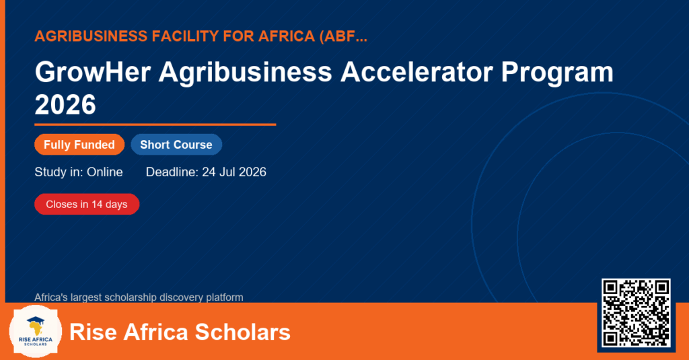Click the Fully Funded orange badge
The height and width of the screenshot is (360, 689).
tap(79, 145)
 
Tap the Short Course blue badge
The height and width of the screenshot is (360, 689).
tap(176, 145)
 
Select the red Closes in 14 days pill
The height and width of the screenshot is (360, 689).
tap(87, 205)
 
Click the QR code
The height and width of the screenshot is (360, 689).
tap(636, 313)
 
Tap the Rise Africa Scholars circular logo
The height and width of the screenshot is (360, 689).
tap(36, 331)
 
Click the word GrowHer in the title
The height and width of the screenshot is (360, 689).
tap(93, 72)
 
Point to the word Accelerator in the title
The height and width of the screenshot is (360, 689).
tap(416, 72)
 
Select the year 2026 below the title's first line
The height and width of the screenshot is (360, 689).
tap(65, 104)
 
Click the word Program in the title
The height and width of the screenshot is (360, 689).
tap(557, 73)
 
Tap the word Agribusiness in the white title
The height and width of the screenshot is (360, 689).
tap(245, 73)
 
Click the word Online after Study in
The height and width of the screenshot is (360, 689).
tap(104, 172)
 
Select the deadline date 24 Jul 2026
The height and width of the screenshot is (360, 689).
tap(234, 172)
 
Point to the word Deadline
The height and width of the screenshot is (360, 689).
tap(172, 172)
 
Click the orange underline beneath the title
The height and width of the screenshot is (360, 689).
tap(155, 124)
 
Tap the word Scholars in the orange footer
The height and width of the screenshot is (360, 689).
tap(242, 332)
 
